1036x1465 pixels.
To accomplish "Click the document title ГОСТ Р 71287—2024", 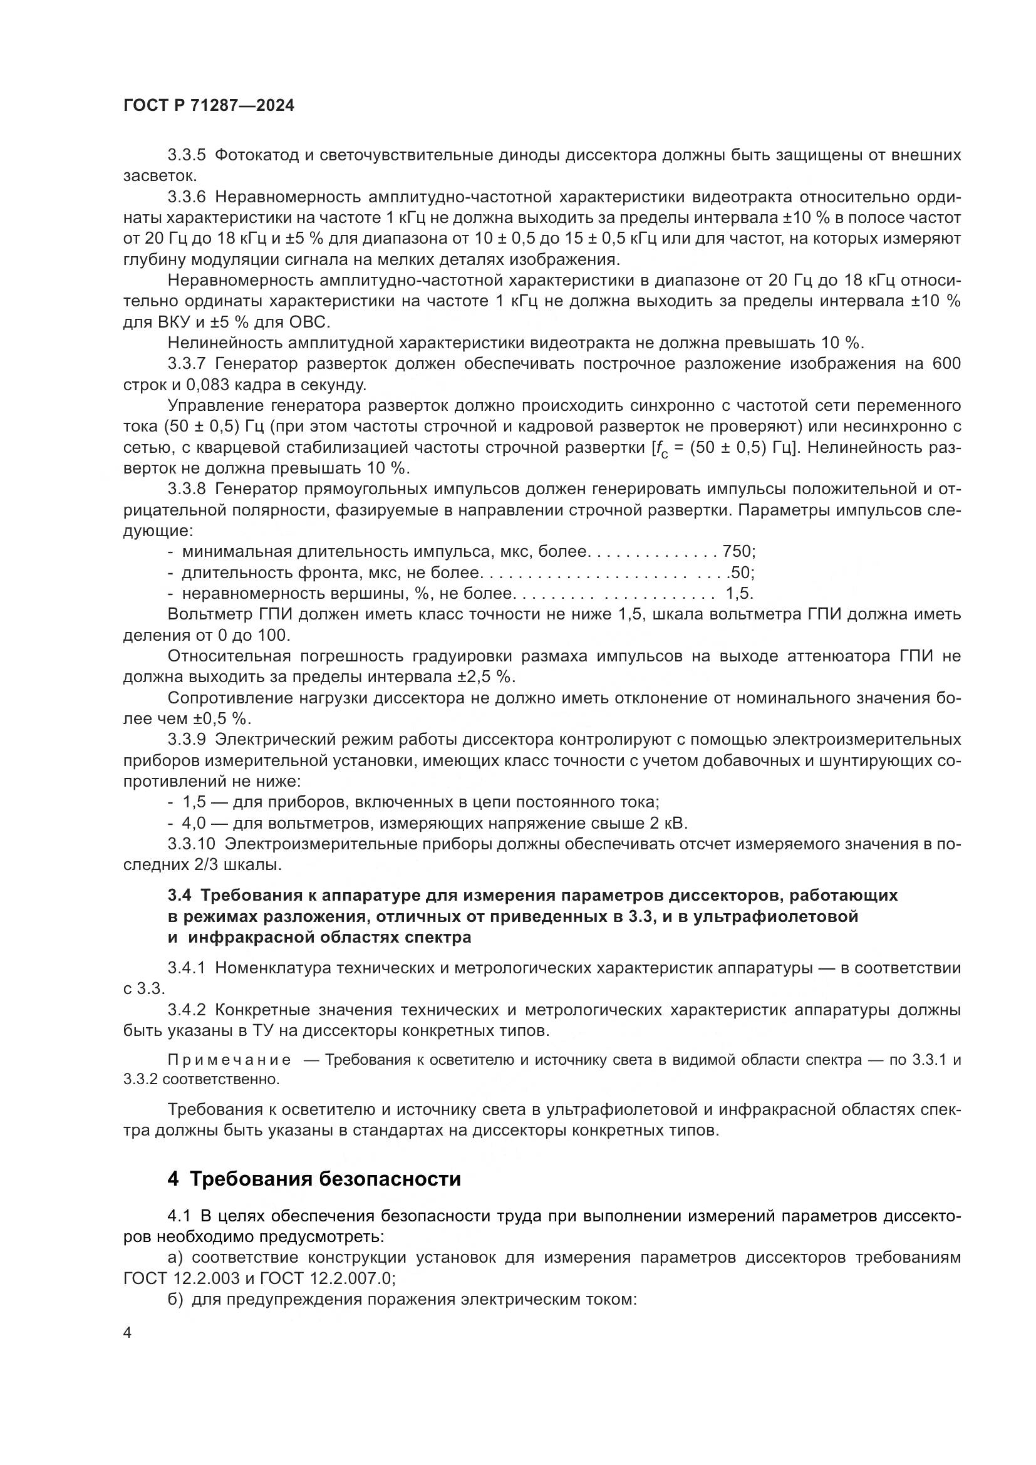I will click(209, 106).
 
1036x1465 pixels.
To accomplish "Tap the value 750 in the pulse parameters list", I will click(736, 551).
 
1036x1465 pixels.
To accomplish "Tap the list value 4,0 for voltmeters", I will click(194, 823).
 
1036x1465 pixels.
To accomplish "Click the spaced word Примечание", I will click(229, 1060).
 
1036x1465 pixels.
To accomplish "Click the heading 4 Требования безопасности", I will click(314, 1179).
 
